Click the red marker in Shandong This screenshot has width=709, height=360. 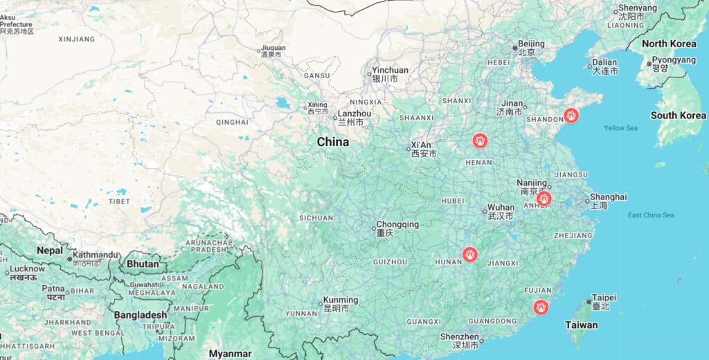tap(571, 116)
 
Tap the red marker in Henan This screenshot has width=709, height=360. tap(479, 141)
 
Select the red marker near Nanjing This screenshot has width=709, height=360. tap(544, 199)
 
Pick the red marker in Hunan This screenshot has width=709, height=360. tap(470, 255)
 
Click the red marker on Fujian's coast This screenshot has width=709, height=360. tap(541, 307)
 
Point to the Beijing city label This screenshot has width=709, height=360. tap(531, 44)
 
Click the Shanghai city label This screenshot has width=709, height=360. tap(609, 197)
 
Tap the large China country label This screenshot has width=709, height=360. tap(333, 142)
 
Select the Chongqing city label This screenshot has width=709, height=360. tap(397, 225)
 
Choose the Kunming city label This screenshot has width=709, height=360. tap(341, 300)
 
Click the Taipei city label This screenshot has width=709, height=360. tap(604, 298)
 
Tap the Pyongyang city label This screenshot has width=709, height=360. tap(674, 60)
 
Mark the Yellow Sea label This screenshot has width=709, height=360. tap(620, 128)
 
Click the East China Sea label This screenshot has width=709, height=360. tap(650, 215)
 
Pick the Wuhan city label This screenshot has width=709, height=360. tap(501, 208)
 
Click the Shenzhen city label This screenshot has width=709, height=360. tap(459, 336)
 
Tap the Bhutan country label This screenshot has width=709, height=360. tap(143, 264)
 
